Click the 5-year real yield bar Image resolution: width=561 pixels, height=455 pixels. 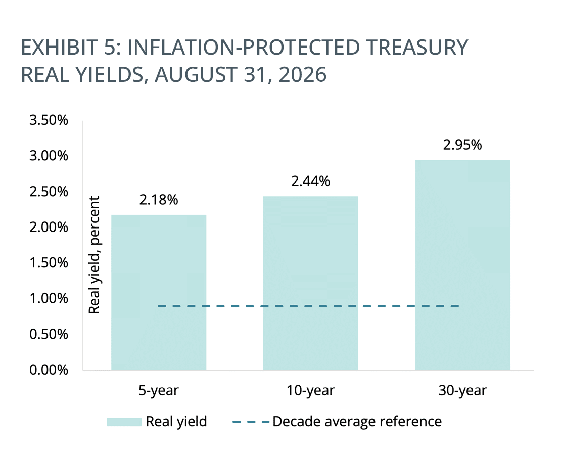click(x=159, y=293)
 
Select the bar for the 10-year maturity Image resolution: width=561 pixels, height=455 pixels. click(x=310, y=283)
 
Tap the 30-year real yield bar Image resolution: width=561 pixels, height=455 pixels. click(x=462, y=265)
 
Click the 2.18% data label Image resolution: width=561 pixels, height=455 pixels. click(x=159, y=200)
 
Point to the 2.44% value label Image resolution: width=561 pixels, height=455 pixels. click(x=310, y=181)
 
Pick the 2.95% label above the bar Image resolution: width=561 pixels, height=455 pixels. click(x=462, y=145)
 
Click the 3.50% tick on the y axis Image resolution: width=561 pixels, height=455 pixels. click(x=49, y=120)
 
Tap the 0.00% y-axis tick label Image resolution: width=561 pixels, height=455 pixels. click(x=49, y=370)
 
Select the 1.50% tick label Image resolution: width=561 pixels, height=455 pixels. click(x=49, y=263)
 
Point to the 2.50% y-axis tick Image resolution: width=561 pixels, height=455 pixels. click(x=49, y=192)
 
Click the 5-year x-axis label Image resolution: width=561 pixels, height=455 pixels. click(x=159, y=391)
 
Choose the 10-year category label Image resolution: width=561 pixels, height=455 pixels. click(x=310, y=391)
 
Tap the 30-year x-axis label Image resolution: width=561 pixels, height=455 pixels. click(x=462, y=391)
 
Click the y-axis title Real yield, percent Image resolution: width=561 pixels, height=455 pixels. click(x=94, y=255)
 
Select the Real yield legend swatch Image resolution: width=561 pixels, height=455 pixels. click(x=124, y=422)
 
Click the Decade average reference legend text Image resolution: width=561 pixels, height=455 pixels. click(x=357, y=422)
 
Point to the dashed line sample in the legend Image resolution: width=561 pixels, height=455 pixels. click(x=251, y=422)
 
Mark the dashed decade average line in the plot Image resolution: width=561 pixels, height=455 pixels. click(x=308, y=306)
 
